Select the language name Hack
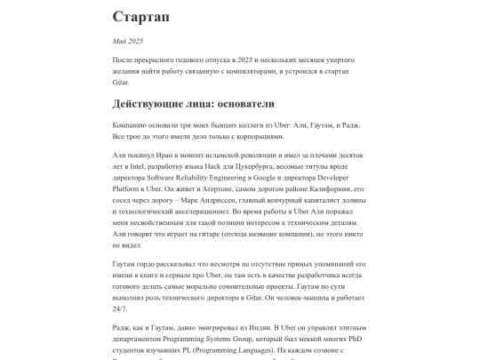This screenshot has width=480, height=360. (x=236, y=166)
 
